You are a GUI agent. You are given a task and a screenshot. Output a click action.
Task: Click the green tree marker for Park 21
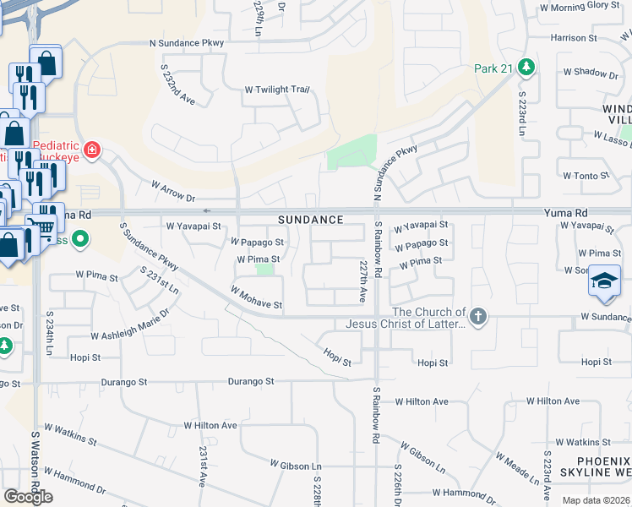tap(526, 67)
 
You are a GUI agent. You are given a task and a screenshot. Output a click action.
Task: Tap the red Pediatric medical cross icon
tap(91, 151)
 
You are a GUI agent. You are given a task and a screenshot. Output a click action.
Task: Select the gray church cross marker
tap(478, 317)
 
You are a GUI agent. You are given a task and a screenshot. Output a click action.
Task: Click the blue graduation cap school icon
tap(604, 280)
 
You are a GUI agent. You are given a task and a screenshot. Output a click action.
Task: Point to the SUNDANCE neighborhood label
tap(311, 220)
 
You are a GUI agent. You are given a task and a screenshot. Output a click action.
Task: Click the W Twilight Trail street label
tap(277, 90)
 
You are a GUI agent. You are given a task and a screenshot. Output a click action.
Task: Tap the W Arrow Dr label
tap(173, 191)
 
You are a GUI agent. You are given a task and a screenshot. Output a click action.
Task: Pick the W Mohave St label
tap(255, 297)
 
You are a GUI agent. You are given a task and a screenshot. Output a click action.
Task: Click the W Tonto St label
tap(586, 176)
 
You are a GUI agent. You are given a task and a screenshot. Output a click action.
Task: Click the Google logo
tap(28, 496)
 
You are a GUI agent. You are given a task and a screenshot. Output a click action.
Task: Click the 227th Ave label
tap(362, 281)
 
